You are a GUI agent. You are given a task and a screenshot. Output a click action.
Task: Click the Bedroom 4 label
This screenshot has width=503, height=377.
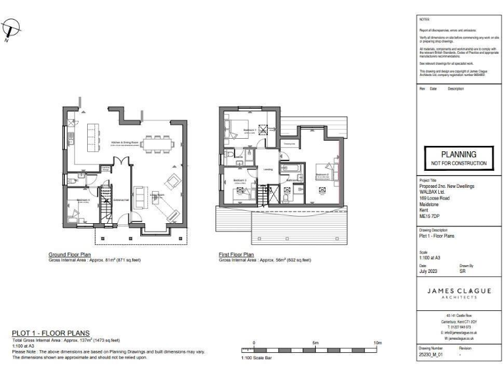(82, 200)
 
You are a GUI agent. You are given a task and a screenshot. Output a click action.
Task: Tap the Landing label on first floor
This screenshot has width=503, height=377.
(268, 169)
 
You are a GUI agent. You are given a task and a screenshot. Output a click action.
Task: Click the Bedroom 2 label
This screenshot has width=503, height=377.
(321, 175)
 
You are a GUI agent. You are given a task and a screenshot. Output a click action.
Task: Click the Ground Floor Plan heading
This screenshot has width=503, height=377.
(70, 254)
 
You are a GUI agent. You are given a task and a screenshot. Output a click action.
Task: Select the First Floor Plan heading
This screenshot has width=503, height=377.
(240, 254)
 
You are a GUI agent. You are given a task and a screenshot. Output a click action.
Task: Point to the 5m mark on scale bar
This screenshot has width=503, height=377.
(316, 342)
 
